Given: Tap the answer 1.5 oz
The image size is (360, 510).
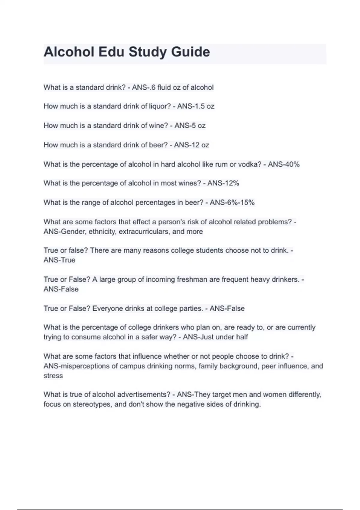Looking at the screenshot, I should [203, 106].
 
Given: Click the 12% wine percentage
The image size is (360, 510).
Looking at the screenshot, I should [231, 183].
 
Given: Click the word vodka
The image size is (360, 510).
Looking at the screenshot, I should [250, 164].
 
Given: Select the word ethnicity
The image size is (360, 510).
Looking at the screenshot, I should [102, 232].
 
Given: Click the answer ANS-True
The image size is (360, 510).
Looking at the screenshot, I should [59, 260].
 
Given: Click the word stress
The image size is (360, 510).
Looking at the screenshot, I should [53, 376].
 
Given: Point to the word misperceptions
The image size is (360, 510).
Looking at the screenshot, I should [85, 366].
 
